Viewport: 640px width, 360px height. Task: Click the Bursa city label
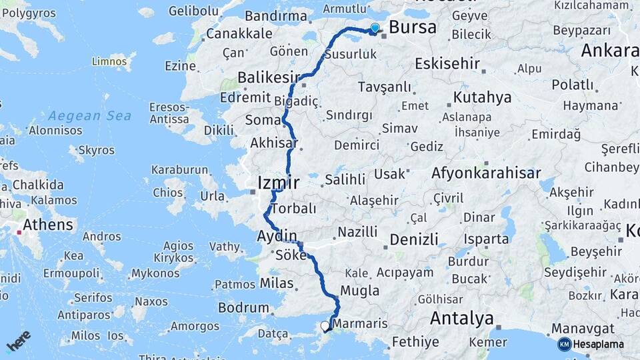(x=412, y=28)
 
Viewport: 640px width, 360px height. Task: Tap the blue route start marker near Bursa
(x=375, y=28)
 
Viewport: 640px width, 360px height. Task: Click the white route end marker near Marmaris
(x=325, y=326)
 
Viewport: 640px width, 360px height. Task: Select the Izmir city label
(x=278, y=182)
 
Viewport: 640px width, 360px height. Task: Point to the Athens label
(x=48, y=225)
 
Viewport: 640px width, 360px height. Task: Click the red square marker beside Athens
(x=19, y=233)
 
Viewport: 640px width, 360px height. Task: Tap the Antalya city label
(x=461, y=318)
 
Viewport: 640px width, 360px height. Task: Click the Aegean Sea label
(x=90, y=116)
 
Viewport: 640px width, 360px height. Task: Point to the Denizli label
(x=414, y=239)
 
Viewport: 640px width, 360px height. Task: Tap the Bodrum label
(x=243, y=308)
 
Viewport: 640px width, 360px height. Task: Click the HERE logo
(x=18, y=340)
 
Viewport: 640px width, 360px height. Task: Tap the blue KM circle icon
(x=564, y=344)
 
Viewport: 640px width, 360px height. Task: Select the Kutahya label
(x=482, y=97)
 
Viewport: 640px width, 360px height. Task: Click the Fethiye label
(x=415, y=342)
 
